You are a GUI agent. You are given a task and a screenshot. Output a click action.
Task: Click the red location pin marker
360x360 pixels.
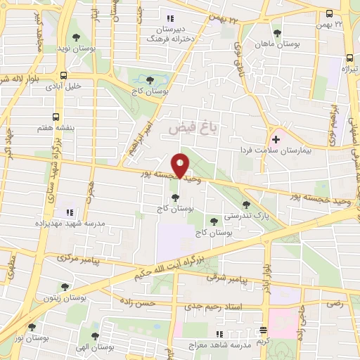coord(181,165)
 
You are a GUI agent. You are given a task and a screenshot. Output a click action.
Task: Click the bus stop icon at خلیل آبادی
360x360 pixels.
coord(64,76)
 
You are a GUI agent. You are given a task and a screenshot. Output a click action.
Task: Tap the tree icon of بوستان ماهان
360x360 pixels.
coord(277,32)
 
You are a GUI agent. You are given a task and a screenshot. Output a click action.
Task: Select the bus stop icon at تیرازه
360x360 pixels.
coord(349,60)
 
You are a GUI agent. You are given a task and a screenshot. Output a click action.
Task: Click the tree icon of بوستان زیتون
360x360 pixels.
coord(65,287)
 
